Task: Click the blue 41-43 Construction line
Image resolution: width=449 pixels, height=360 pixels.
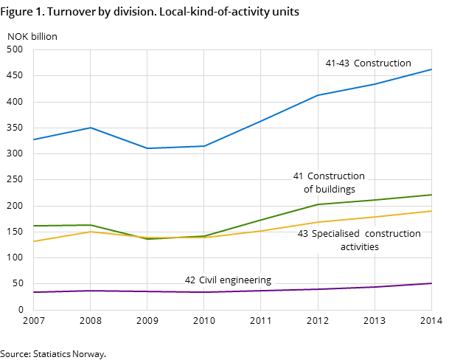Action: [261, 120]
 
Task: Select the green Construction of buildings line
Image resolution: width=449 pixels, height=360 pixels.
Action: [261, 220]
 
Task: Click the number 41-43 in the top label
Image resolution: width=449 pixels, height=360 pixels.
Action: [338, 63]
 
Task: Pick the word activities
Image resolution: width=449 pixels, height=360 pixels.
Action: [359, 247]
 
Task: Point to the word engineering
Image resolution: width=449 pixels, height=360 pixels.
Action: [247, 281]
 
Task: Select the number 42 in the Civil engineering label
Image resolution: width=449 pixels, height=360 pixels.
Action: [190, 280]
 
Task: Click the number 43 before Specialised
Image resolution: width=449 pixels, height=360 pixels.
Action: [303, 234]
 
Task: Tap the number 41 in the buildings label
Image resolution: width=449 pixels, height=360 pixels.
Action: [299, 176]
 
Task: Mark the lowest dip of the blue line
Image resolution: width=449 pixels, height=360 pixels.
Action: [147, 148]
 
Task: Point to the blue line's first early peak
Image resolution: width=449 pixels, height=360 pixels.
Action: [90, 128]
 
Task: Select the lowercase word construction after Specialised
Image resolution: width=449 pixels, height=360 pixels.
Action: [393, 234]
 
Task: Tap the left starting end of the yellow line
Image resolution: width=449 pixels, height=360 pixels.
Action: [34, 241]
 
